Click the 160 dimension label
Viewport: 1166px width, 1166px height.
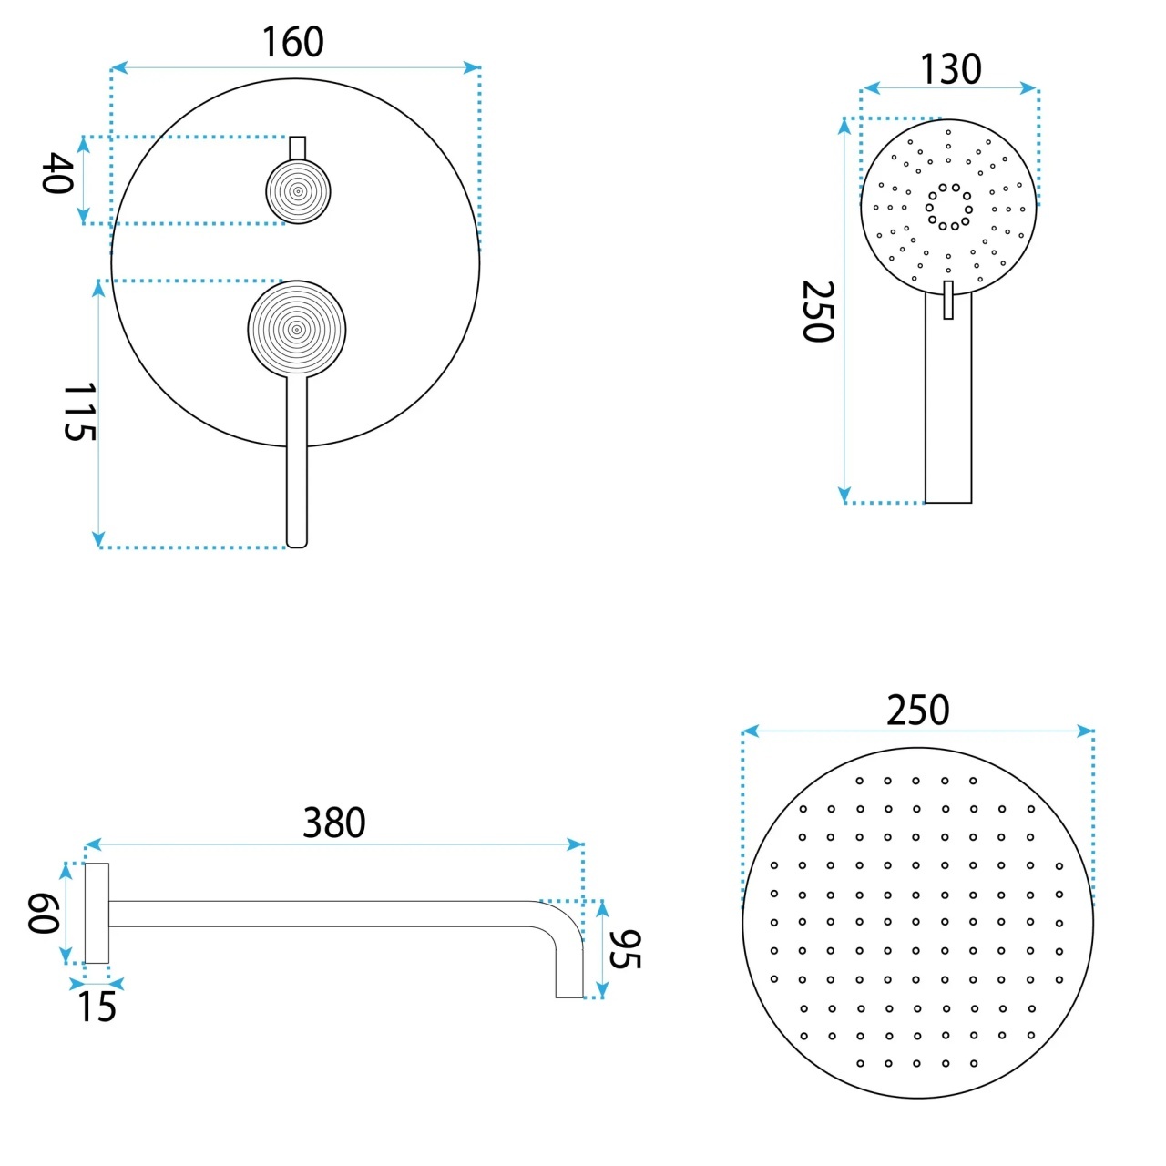(292, 42)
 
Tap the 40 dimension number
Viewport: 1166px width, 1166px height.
(58, 173)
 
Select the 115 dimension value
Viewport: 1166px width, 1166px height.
(79, 412)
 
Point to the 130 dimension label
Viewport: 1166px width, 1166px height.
(951, 69)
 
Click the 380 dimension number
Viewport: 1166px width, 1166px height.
(334, 823)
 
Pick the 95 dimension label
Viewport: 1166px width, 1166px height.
(625, 949)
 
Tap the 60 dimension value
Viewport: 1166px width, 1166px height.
(44, 914)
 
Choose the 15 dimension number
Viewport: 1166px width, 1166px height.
(97, 1007)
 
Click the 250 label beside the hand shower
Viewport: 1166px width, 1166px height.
(818, 311)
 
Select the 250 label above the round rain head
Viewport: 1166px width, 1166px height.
(918, 710)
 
